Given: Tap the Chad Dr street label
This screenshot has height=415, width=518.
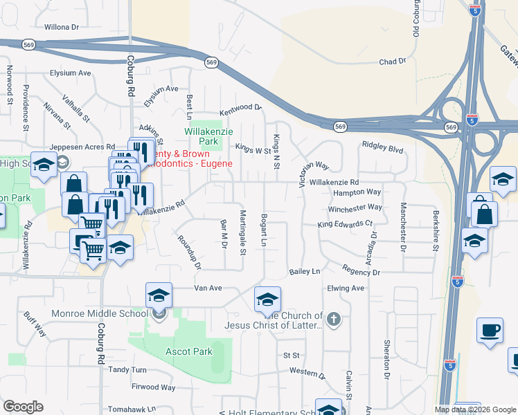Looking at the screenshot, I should click(392, 62).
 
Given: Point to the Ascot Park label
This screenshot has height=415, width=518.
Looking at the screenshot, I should click(189, 351).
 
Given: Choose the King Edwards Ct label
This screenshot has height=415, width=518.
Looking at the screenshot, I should click(345, 225).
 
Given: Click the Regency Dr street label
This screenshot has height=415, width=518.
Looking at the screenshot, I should click(361, 273).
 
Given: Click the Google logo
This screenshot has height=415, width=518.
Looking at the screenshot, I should click(23, 407).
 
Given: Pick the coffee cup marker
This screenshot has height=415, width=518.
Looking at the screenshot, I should click(490, 330).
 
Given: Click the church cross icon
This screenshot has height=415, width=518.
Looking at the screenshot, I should click(334, 319).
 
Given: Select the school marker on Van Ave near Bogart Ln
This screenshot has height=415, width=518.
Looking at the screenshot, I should click(267, 299).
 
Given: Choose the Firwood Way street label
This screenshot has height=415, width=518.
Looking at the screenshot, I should click(154, 387).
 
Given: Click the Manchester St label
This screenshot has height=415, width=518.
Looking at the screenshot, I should click(402, 227).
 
